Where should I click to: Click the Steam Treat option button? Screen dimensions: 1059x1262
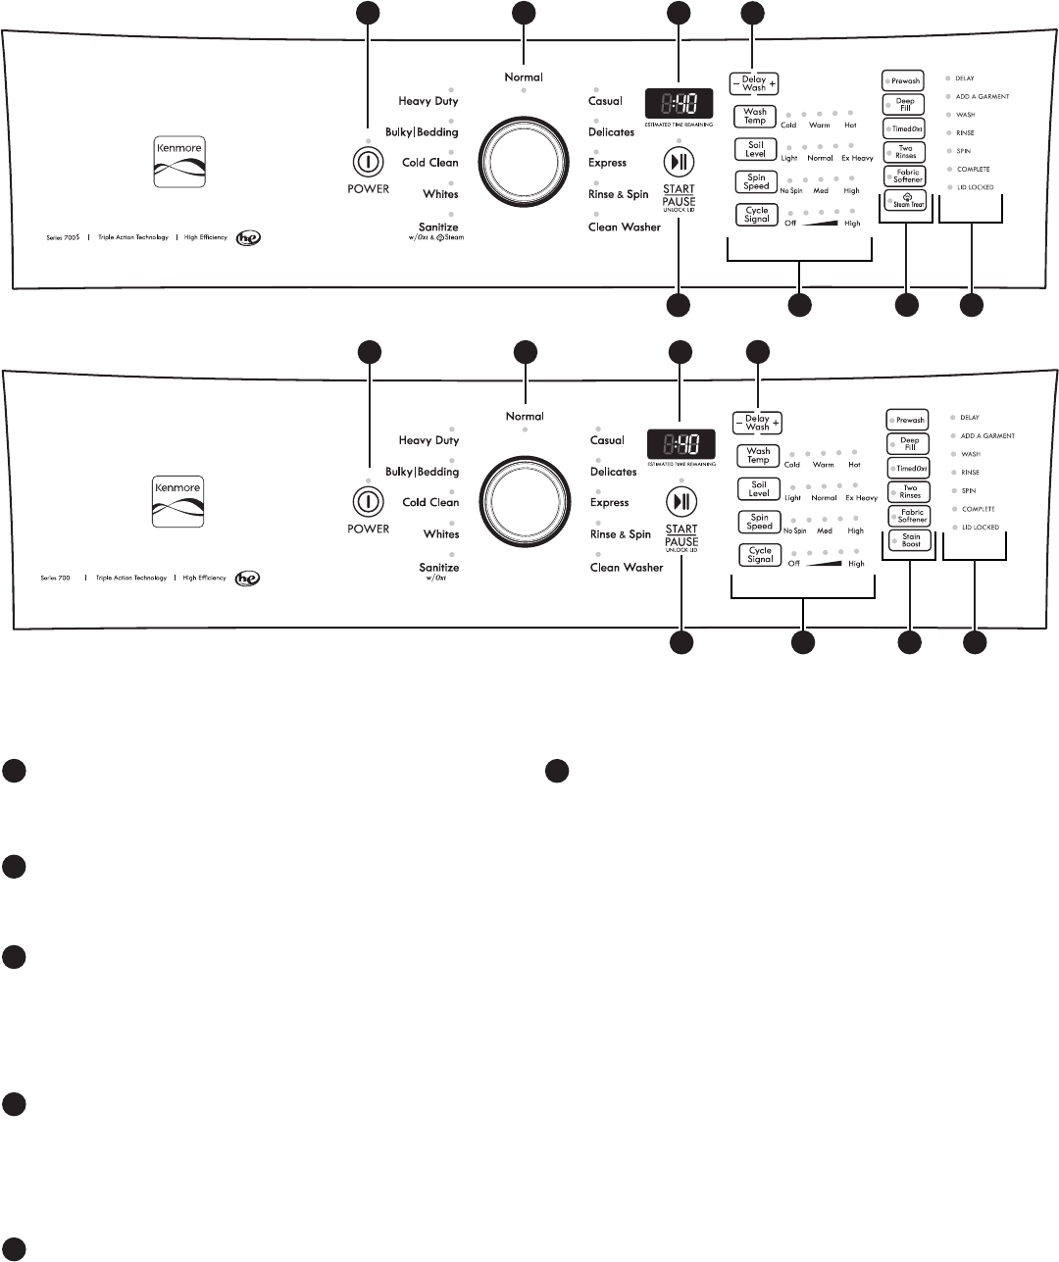pyautogui.click(x=905, y=200)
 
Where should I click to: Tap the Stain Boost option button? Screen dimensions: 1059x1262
pyautogui.click(x=910, y=539)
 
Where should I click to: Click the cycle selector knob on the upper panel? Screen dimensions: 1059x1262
pyautogui.click(x=524, y=162)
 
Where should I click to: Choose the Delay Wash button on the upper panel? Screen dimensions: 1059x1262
pyautogui.click(x=754, y=84)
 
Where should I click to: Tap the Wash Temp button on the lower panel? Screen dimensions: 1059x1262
pyautogui.click(x=758, y=456)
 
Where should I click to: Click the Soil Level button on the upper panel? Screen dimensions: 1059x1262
pyautogui.click(x=755, y=149)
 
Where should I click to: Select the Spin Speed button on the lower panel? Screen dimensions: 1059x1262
pyautogui.click(x=759, y=522)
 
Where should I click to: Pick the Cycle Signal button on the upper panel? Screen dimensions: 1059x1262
pyautogui.click(x=756, y=215)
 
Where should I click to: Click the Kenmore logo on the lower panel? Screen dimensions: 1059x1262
pyautogui.click(x=177, y=501)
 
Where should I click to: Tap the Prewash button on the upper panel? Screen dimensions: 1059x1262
pyautogui.click(x=904, y=81)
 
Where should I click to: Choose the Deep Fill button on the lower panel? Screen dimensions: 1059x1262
pyautogui.click(x=909, y=444)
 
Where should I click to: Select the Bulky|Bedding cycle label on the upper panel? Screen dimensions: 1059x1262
pyautogui.click(x=422, y=132)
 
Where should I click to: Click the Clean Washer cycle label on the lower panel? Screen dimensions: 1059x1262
pyautogui.click(x=627, y=567)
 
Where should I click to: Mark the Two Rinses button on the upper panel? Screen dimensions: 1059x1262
pyautogui.click(x=904, y=152)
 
